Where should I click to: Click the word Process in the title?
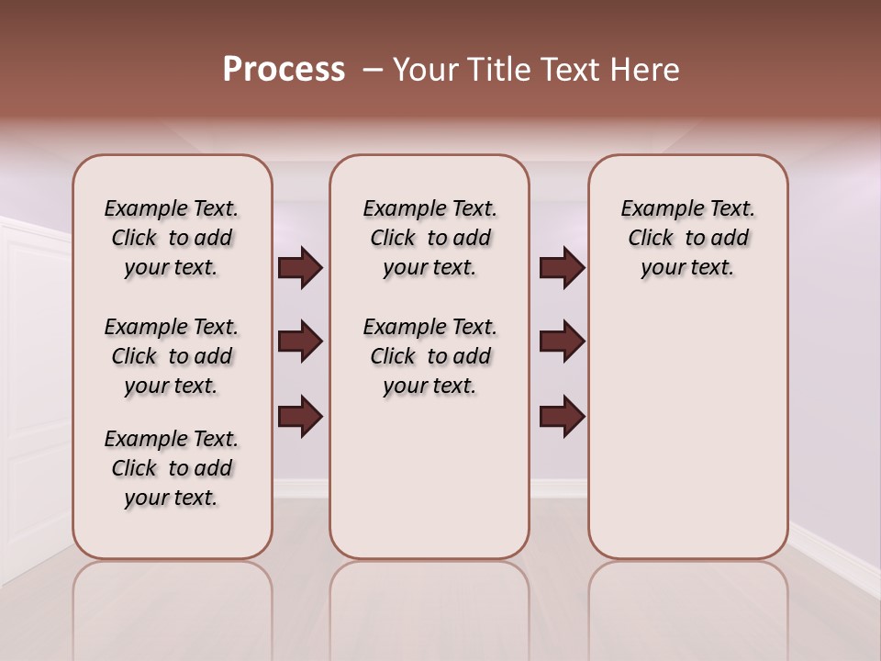pyautogui.click(x=284, y=70)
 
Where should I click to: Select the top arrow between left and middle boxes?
pyautogui.click(x=300, y=268)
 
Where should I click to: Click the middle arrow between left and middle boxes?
pyautogui.click(x=300, y=342)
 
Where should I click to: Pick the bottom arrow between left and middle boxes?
pyautogui.click(x=300, y=416)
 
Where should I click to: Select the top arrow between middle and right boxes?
pyautogui.click(x=562, y=268)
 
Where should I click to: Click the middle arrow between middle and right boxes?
pyautogui.click(x=562, y=342)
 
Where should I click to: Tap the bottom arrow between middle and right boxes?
pyautogui.click(x=562, y=416)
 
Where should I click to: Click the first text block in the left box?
pyautogui.click(x=172, y=238)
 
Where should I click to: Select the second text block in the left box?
pyautogui.click(x=172, y=356)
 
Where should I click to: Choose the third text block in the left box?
pyautogui.click(x=172, y=468)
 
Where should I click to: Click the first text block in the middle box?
pyautogui.click(x=430, y=238)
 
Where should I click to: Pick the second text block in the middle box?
pyautogui.click(x=430, y=356)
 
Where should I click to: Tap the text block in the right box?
pyautogui.click(x=688, y=238)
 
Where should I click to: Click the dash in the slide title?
pyautogui.click(x=373, y=70)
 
